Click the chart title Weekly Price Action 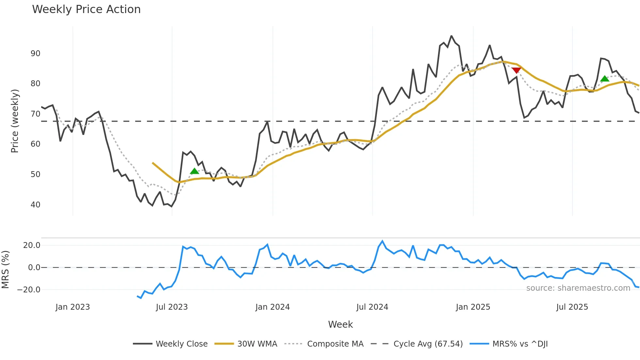point(86,9)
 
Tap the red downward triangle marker point(516,70)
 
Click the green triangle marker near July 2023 point(194,171)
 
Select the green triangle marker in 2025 point(605,78)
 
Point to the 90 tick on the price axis point(35,54)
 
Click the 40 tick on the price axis point(35,205)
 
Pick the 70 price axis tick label point(35,114)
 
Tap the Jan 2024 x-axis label point(272,307)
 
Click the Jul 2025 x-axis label point(572,307)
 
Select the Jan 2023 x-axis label point(72,307)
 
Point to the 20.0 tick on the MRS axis point(32,245)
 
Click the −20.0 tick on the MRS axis point(29,290)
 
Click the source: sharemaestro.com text point(578,288)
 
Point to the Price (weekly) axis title point(15,121)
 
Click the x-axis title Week point(340,324)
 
